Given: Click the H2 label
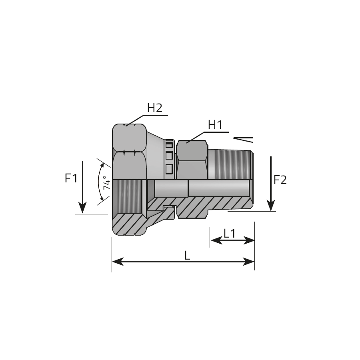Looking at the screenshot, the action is pyautogui.click(x=154, y=108).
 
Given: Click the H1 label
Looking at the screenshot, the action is pyautogui.click(x=215, y=125).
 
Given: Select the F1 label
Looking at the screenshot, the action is pyautogui.click(x=71, y=178).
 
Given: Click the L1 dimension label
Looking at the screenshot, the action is pyautogui.click(x=230, y=234).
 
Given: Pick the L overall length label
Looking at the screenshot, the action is pyautogui.click(x=187, y=256).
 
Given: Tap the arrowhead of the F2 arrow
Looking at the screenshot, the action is pyautogui.click(x=271, y=205).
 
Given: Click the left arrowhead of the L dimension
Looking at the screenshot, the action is pyautogui.click(x=118, y=262).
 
